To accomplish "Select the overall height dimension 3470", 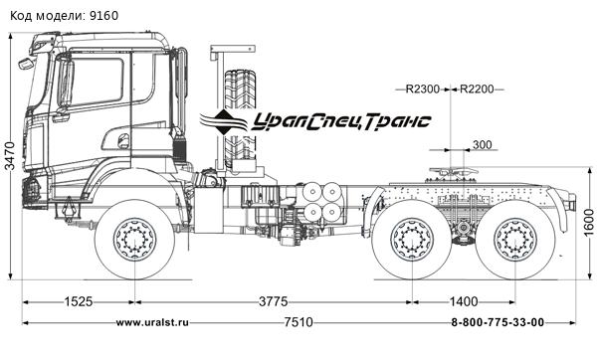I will tap(10, 156).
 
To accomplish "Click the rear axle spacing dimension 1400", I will tap(462, 300).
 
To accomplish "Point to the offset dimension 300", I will tap(483, 145).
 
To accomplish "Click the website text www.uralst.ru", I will tap(152, 322).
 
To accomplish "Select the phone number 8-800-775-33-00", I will tap(497, 322).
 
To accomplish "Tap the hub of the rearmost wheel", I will tap(514, 241).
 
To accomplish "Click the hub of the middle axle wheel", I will tap(409, 241).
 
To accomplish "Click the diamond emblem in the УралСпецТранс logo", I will tap(226, 121).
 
